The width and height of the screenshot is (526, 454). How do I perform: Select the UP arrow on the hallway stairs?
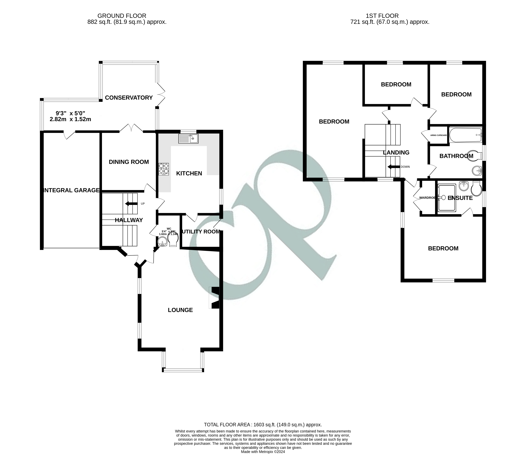tap(131, 204)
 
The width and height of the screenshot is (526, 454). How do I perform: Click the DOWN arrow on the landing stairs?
tap(393, 167)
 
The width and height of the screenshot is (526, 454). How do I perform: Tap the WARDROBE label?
tap(427, 198)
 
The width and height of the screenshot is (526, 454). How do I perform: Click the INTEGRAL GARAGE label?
tap(71, 190)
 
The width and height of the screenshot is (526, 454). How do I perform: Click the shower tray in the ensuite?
tap(447, 198)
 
